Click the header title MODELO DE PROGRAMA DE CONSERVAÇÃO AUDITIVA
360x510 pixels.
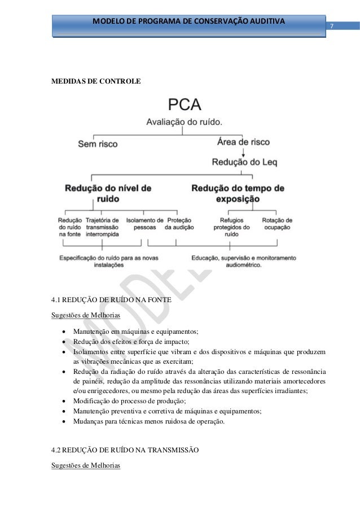(189, 21)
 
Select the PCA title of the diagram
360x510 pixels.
(185, 105)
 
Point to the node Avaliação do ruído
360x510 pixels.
(185, 121)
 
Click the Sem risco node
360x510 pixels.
(98, 143)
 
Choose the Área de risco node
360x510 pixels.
(243, 143)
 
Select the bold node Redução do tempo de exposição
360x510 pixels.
(238, 193)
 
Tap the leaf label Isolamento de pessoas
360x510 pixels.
(144, 223)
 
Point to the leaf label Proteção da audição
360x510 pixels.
(179, 223)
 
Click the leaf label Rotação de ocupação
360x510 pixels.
(277, 223)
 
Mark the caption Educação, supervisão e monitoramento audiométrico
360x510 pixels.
(243, 261)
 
